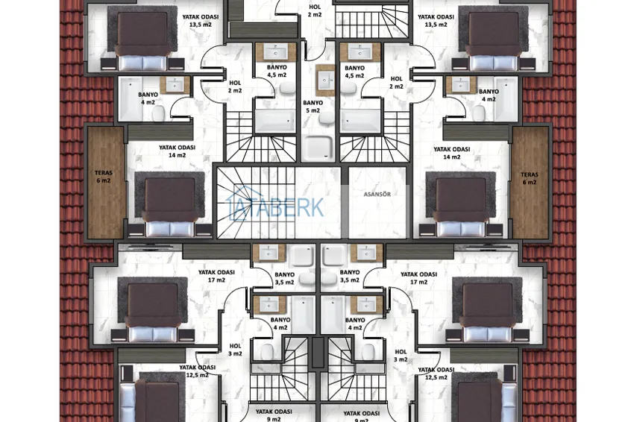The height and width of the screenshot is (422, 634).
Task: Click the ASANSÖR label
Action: pos(377,195)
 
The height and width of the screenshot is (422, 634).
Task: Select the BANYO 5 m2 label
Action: pos(313,107)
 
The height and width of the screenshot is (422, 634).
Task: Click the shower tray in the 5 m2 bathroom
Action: pos(318,147)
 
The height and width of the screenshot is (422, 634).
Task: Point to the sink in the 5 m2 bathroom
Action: pos(325,81)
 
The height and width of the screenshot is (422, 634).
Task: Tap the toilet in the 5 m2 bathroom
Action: pos(325,118)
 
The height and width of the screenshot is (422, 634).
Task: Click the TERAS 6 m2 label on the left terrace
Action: pos(104,177)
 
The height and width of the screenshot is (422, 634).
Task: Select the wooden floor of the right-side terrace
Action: pos(530,183)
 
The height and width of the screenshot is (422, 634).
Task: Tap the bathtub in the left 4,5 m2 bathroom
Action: pos(275,122)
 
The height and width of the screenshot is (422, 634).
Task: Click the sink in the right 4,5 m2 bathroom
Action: pos(360,51)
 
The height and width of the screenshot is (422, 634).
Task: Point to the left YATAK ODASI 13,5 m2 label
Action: pos(200,21)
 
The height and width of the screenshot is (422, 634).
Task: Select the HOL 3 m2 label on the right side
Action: pos(401,356)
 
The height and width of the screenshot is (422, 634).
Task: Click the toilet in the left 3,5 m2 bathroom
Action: pos(307,279)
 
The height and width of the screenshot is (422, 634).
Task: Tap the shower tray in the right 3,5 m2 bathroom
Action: pos(334,255)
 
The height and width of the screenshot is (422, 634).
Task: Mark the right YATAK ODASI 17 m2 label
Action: pos(418,278)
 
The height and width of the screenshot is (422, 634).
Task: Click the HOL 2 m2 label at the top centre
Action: pos(315,10)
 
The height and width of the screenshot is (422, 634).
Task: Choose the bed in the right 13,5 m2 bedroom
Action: pos(494,41)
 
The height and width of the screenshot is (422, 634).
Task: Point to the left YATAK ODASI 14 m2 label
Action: pos(177,151)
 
